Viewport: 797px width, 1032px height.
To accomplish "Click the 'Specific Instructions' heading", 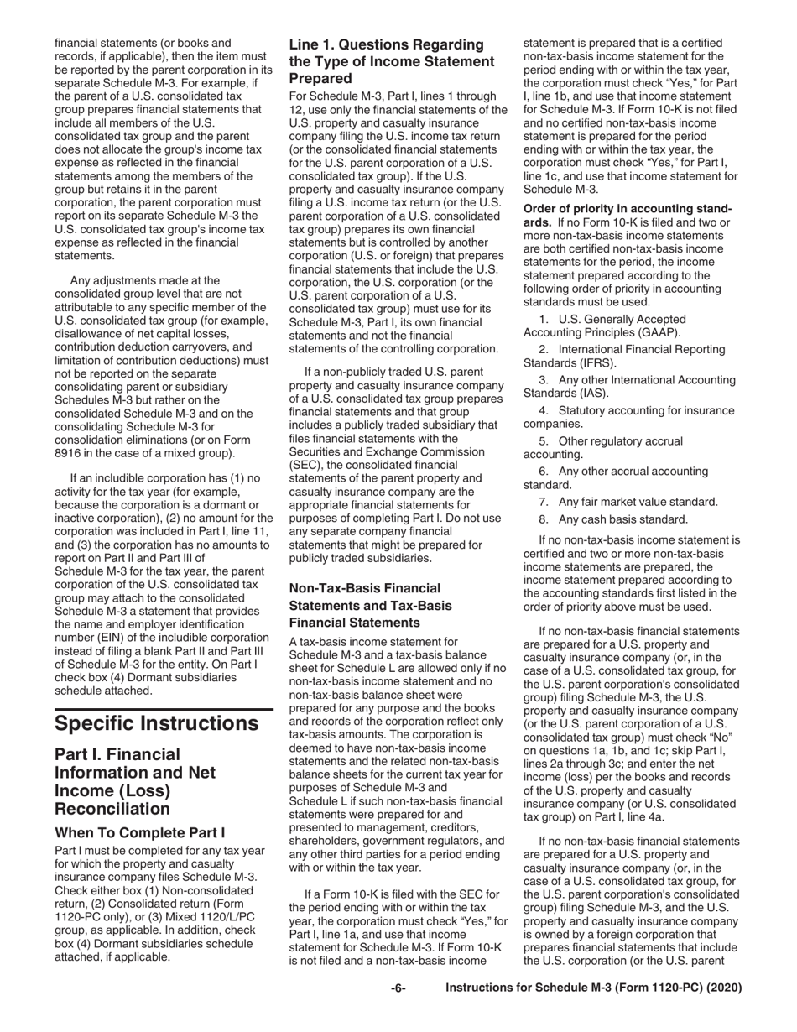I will pyautogui.click(x=157, y=722).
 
